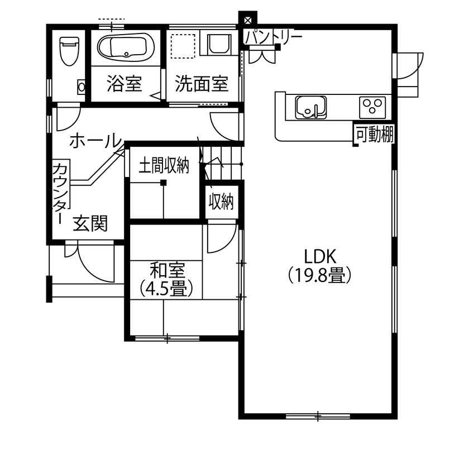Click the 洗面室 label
coord(202,84)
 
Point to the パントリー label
coord(274,37)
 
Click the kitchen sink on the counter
coord(310,106)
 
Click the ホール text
coord(95,141)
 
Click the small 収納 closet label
coord(221,201)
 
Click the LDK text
coord(319,256)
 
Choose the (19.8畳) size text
coord(319,275)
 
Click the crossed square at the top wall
coord(247,18)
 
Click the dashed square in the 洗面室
coord(183,46)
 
